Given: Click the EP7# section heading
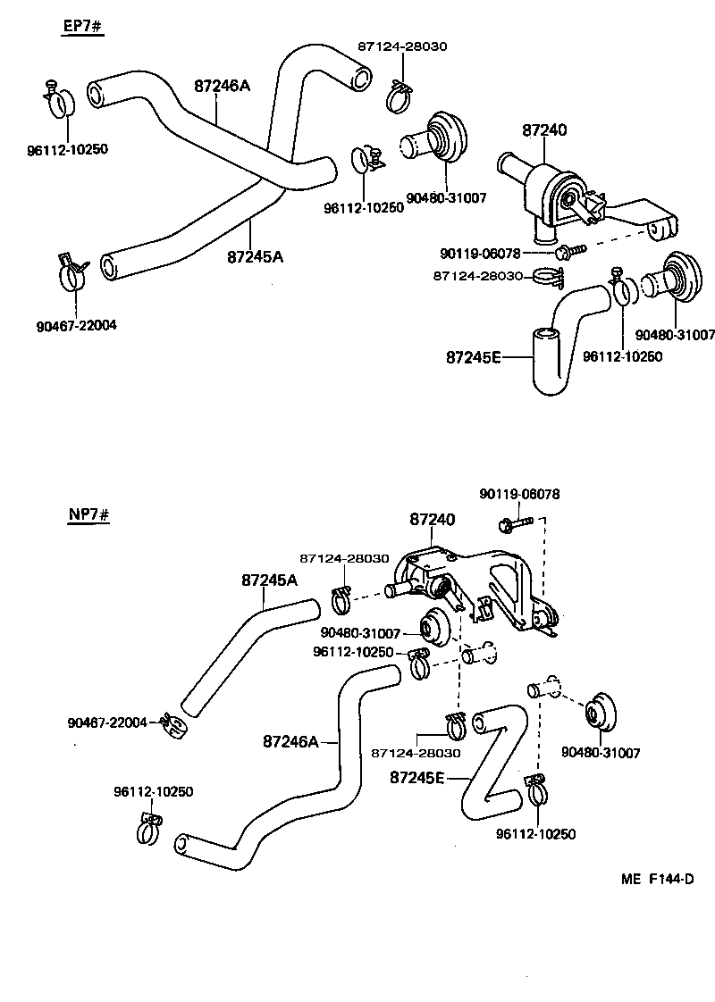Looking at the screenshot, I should click(83, 27).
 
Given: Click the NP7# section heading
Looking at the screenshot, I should click(88, 516).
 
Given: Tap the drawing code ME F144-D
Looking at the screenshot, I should click(658, 879).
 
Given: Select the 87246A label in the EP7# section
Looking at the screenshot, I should click(222, 86).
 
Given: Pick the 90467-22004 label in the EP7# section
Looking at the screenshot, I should click(77, 326).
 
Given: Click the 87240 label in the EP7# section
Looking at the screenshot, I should click(544, 130).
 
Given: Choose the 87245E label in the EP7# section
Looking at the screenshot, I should click(473, 358).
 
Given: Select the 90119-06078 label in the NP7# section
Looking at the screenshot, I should click(519, 494).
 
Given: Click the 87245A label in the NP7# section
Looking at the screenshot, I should click(269, 580).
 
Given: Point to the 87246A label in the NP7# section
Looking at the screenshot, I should click(291, 741).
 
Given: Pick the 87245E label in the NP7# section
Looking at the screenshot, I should click(417, 777).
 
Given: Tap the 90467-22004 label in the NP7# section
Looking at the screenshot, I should click(107, 722).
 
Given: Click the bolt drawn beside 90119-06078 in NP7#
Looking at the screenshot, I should click(517, 520).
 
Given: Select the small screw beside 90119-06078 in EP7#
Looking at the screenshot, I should click(567, 253).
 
